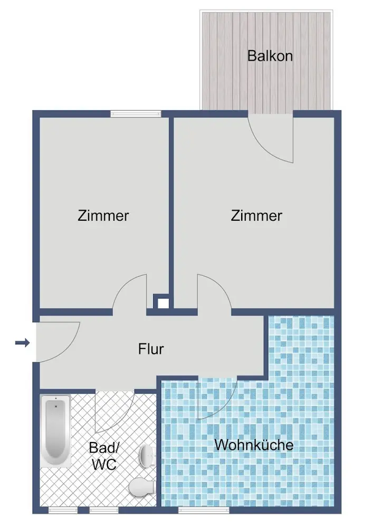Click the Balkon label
point(270,55)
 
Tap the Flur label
point(151,349)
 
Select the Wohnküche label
point(254,445)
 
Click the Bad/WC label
point(104,456)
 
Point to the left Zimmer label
point(103,215)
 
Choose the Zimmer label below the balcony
point(256,215)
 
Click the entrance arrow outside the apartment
point(23,343)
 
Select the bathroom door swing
point(116,411)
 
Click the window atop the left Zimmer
point(135,114)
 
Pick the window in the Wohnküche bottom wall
point(204,510)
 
